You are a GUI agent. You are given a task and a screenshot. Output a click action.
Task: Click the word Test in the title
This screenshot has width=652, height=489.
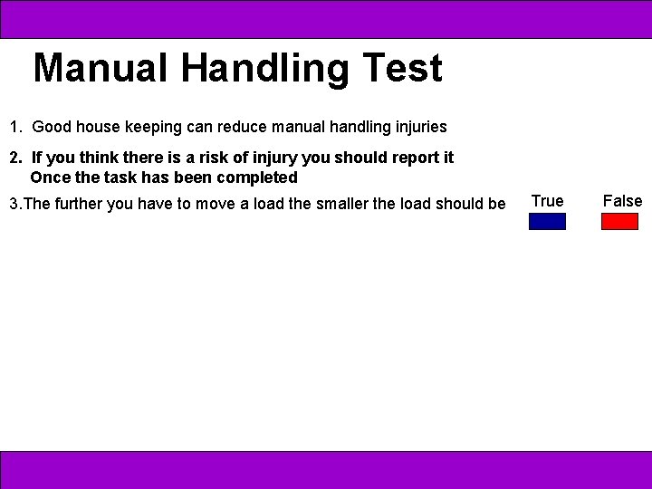pos(402,68)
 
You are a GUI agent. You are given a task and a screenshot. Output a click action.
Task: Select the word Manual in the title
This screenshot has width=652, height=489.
pos(101,68)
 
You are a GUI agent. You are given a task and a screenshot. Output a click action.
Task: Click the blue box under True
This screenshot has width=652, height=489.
pos(547,221)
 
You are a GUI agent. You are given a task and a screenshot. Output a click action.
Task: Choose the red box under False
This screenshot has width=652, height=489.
pos(620,221)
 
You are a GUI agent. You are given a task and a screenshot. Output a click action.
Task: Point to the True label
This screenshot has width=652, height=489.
pos(547,201)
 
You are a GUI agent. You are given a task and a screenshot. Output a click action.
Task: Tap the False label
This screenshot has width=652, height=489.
pos(622,201)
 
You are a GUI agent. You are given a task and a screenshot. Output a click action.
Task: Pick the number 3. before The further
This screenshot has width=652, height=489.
pos(14,204)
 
